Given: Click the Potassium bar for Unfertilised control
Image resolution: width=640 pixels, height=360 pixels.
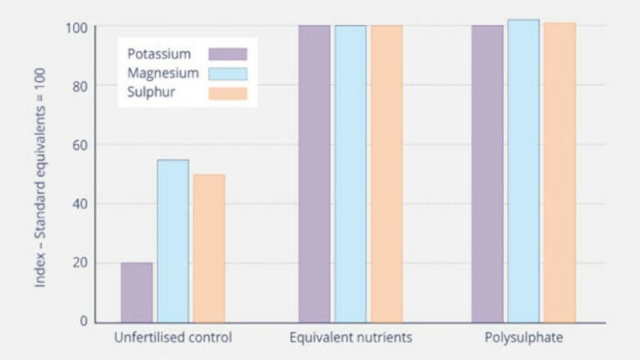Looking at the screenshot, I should pyautogui.click(x=137, y=292).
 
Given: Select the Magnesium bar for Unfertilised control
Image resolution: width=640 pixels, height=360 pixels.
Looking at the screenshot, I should pyautogui.click(x=172, y=241).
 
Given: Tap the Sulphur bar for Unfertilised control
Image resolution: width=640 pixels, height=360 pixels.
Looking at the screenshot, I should pyautogui.click(x=209, y=248).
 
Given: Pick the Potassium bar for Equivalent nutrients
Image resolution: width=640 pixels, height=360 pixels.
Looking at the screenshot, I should pyautogui.click(x=314, y=173).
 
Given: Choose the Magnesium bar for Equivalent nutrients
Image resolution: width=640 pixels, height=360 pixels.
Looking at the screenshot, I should pyautogui.click(x=350, y=173).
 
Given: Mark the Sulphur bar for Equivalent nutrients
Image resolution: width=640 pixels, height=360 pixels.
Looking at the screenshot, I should pyautogui.click(x=387, y=173).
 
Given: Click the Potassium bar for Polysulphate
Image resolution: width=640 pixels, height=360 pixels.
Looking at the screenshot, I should pyautogui.click(x=487, y=173).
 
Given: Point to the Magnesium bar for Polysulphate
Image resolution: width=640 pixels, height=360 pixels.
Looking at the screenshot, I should pyautogui.click(x=523, y=171).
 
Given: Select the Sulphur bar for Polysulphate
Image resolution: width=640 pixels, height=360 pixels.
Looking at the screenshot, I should pyautogui.click(x=559, y=172).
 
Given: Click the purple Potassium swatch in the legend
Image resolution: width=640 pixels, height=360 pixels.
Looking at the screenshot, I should pyautogui.click(x=227, y=54).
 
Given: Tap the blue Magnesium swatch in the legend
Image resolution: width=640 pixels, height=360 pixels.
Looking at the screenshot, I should pyautogui.click(x=227, y=73).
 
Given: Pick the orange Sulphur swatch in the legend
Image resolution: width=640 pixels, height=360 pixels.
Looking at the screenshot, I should pyautogui.click(x=227, y=93).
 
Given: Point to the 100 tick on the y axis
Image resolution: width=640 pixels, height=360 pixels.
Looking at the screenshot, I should pyautogui.click(x=77, y=27).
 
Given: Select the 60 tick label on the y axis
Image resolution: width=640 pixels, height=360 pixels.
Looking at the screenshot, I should pyautogui.click(x=79, y=145).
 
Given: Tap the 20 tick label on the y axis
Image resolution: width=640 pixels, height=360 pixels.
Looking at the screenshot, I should pyautogui.click(x=79, y=263).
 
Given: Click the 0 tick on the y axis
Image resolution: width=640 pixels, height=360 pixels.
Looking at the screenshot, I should pyautogui.click(x=83, y=322).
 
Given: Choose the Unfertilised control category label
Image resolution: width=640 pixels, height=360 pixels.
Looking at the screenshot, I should pyautogui.click(x=172, y=338).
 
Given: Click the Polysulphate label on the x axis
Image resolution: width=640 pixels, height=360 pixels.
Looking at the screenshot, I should pyautogui.click(x=523, y=338).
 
